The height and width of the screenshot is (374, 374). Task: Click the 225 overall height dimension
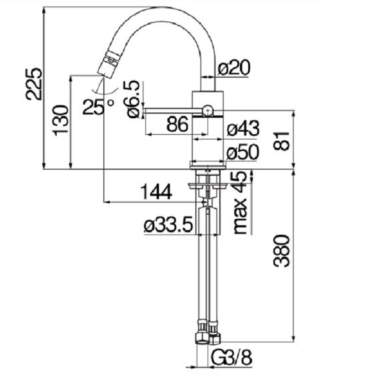click(34, 84)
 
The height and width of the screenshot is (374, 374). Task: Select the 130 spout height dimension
click(61, 121)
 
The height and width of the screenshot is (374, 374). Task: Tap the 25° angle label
click(98, 107)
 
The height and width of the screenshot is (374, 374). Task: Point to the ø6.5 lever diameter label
click(131, 99)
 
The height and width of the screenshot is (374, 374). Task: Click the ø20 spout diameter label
click(234, 67)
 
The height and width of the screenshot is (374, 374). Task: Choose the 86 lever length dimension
click(178, 124)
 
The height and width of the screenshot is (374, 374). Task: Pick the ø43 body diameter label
click(243, 128)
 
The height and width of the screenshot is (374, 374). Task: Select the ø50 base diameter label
click(243, 152)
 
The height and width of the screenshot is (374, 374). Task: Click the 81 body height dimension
click(281, 141)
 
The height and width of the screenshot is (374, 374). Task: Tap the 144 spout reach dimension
click(156, 192)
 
